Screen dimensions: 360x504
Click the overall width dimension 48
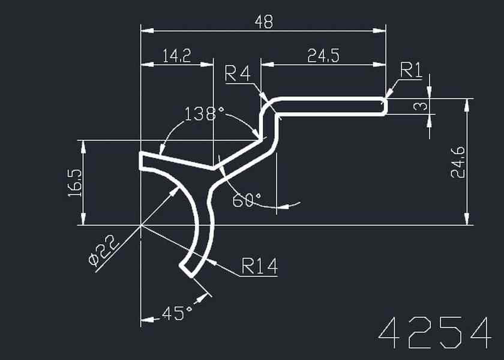[263, 22]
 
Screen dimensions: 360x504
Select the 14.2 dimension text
[176, 56]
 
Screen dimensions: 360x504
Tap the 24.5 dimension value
[323, 56]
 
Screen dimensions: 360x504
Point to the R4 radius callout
[237, 74]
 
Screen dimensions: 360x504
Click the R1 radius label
[412, 71]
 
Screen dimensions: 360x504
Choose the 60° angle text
[247, 200]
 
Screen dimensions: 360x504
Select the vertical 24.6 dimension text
[459, 162]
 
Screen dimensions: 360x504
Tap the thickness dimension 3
[422, 107]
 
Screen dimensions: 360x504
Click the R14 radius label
[260, 266]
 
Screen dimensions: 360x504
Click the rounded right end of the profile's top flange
[384, 106]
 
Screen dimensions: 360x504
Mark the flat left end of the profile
[141, 161]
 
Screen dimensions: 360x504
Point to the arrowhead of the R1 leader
[389, 94]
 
